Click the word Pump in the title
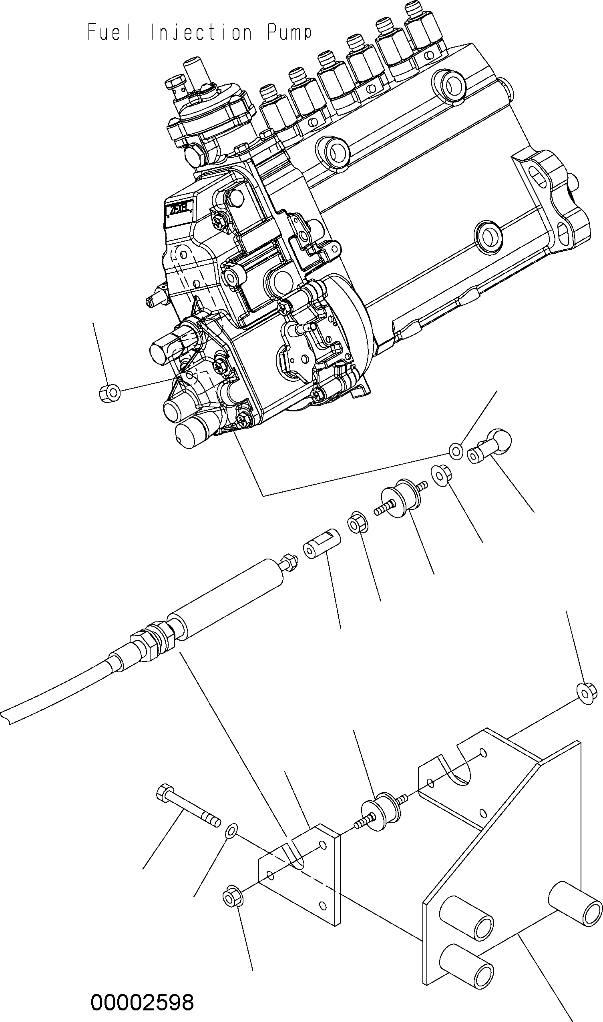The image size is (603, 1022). click(x=290, y=33)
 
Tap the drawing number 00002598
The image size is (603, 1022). click(x=142, y=999)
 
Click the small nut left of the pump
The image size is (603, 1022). click(x=110, y=393)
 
